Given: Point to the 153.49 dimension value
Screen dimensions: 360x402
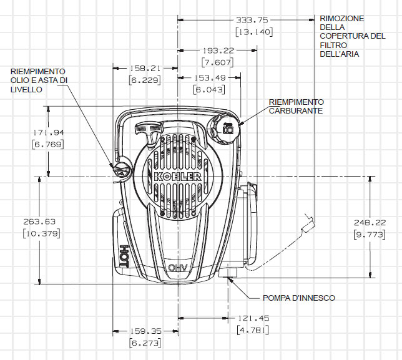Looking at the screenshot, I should point(208,77).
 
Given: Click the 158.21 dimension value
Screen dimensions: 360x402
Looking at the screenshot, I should point(145,68).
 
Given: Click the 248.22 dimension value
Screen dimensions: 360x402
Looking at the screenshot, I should point(370,222).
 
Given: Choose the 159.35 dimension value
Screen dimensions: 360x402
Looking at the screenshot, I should point(145,331).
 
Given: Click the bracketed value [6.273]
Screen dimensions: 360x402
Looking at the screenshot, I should point(145,343).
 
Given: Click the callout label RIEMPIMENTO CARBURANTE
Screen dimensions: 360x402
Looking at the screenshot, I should point(297,106).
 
